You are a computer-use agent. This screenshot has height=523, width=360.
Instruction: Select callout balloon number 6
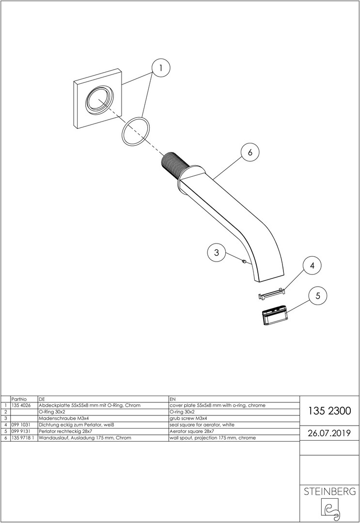point(250,152)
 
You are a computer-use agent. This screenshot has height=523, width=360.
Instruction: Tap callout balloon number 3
point(217,252)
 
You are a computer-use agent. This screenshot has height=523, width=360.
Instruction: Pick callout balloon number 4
point(312,265)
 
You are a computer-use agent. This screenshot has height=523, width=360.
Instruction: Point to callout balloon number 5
point(318,295)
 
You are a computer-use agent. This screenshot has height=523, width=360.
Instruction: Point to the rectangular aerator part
point(275,315)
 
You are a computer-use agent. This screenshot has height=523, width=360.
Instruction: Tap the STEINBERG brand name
point(329,492)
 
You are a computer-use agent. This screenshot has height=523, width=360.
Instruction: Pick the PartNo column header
point(18,399)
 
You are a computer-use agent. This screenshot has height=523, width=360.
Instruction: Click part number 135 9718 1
point(22,438)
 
